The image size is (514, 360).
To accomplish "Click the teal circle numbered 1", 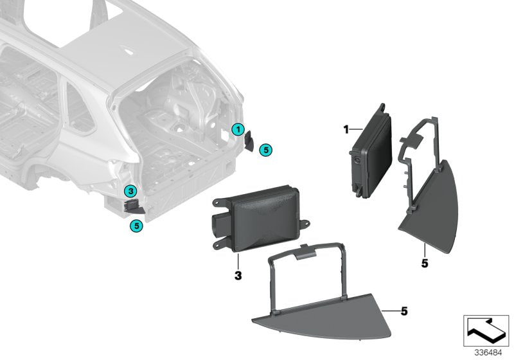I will tap(237, 130).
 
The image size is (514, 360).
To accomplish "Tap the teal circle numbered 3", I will tap(130, 190).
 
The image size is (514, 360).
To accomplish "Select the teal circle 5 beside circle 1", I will tap(266, 150).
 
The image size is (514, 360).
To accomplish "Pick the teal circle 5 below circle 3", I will tap(134, 225).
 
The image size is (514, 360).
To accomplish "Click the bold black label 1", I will tap(345, 129).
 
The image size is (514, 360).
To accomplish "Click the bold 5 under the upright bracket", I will tap(424, 263).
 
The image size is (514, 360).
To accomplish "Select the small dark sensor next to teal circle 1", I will tap(250, 139).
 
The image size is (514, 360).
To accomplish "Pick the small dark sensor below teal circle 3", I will tap(132, 206).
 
